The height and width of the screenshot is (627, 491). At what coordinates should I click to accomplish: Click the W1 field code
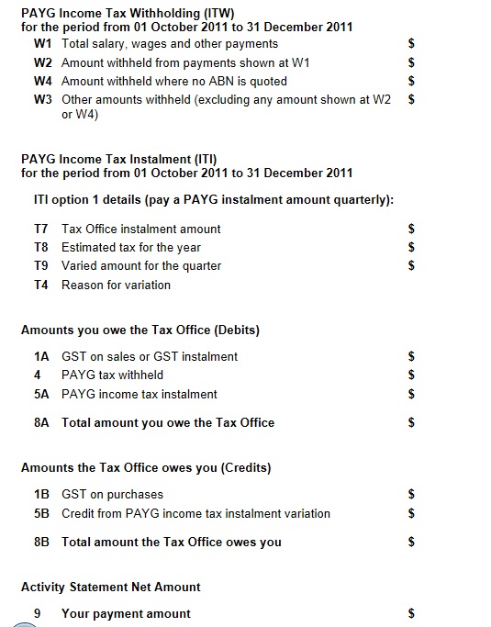pyautogui.click(x=42, y=43)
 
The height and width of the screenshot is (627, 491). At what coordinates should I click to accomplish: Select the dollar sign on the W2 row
pyautogui.click(x=412, y=62)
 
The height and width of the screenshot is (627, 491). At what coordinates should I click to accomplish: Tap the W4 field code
pyautogui.click(x=42, y=81)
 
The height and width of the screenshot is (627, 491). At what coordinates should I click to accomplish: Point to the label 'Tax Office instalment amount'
pyautogui.click(x=140, y=229)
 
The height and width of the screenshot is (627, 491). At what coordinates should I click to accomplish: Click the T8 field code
pyautogui.click(x=40, y=247)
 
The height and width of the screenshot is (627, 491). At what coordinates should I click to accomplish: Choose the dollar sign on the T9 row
pyautogui.click(x=412, y=266)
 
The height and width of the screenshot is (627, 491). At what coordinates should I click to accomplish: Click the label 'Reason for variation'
pyautogui.click(x=116, y=285)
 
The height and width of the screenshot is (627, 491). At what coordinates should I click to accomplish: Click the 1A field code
pyautogui.click(x=40, y=356)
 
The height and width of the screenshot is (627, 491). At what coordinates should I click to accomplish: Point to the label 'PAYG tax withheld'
pyautogui.click(x=112, y=375)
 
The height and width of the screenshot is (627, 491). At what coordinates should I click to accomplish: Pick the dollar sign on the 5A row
pyautogui.click(x=412, y=394)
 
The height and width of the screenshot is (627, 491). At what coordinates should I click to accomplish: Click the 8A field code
pyautogui.click(x=40, y=422)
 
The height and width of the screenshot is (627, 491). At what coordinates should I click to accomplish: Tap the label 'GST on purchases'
pyautogui.click(x=112, y=494)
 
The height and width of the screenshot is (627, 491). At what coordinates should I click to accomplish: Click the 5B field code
pyautogui.click(x=40, y=513)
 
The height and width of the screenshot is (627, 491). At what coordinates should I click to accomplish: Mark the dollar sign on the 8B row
pyautogui.click(x=412, y=542)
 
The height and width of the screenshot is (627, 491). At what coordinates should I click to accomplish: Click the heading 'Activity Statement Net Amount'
pyautogui.click(x=110, y=587)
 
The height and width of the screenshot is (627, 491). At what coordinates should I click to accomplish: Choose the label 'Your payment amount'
pyautogui.click(x=126, y=613)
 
